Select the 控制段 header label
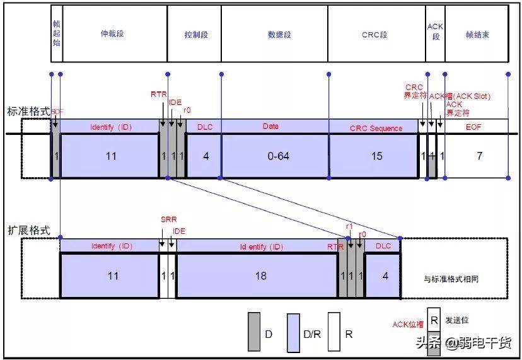tap(196, 35)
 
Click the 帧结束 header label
tap(477, 35)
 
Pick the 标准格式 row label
tap(28, 111)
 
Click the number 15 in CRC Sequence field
tap(376, 156)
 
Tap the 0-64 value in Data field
tap(278, 156)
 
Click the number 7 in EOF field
tap(479, 156)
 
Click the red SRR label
tap(168, 220)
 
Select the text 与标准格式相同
tap(455, 278)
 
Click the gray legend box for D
tap(254, 332)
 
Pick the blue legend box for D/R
tap(293, 332)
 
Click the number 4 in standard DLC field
tap(206, 156)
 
